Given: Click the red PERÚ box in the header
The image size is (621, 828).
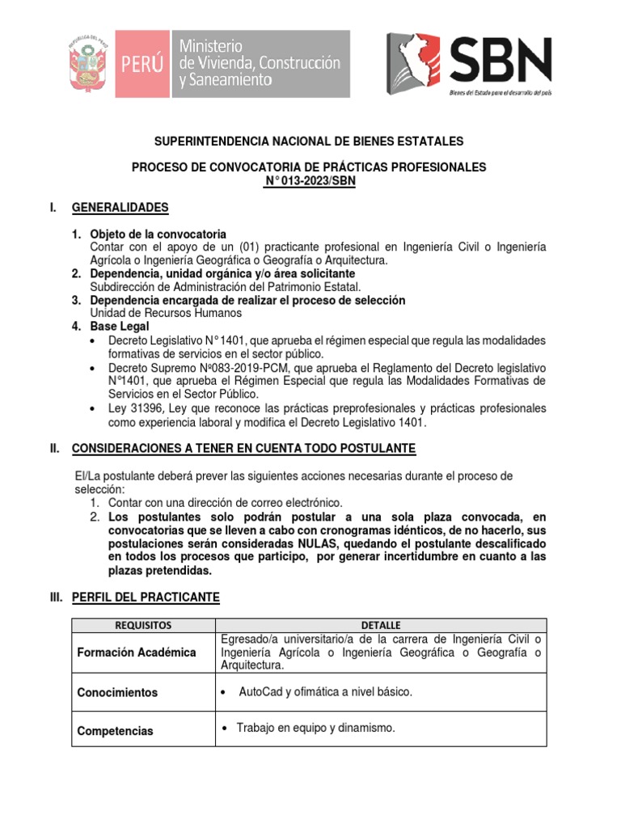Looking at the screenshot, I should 141,65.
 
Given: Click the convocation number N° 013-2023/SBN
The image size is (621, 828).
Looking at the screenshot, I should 310,181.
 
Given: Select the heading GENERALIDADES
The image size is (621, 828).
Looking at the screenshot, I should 120,208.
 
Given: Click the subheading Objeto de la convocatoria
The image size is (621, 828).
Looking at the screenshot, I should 158,234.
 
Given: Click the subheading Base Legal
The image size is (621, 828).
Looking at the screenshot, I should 119,326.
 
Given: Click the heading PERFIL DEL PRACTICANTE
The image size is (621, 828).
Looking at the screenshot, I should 146,598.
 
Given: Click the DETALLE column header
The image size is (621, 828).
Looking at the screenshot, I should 379,625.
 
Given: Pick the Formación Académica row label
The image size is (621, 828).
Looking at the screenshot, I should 137,653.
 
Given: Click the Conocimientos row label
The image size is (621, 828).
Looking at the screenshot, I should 117,693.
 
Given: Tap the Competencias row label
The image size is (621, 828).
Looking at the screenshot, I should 115,731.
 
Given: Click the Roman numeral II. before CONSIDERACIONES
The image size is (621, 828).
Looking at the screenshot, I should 56,448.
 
